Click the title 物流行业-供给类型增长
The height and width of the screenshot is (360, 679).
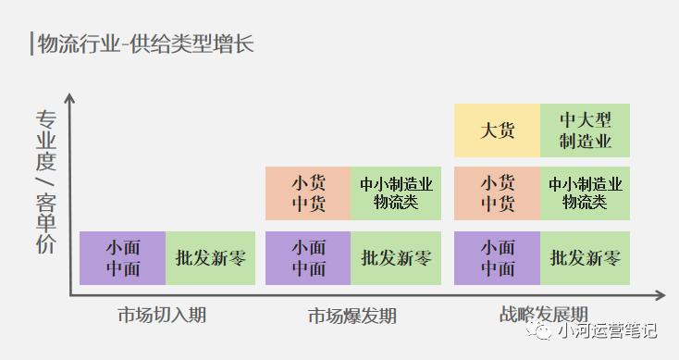(146, 43)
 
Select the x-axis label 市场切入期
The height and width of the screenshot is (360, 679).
(162, 315)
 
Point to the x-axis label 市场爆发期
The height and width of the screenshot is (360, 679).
(352, 316)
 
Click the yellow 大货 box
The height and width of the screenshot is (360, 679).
(498, 130)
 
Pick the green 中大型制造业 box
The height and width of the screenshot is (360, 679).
(586, 130)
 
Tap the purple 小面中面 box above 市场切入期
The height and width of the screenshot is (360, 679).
(123, 258)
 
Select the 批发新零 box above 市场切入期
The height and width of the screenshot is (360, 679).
(211, 258)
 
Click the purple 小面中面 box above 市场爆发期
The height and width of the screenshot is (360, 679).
(308, 258)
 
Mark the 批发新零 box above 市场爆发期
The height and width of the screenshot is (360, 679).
(396, 258)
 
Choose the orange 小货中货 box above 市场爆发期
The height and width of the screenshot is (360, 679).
(308, 193)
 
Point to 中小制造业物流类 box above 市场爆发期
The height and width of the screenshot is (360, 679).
(396, 193)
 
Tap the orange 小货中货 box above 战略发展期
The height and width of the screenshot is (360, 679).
(498, 193)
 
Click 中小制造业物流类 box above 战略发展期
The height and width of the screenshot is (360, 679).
(586, 193)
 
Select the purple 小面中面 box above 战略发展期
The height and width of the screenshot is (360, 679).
(498, 258)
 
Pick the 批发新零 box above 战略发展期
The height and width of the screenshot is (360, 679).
(586, 258)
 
